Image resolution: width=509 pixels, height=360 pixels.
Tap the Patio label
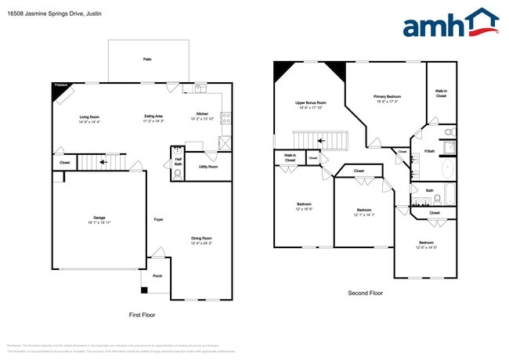pos(147,59)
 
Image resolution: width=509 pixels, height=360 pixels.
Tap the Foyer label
pos(159,219)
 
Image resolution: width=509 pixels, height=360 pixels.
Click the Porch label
pos(157,275)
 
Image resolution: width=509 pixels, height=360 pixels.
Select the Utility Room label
pos(208,167)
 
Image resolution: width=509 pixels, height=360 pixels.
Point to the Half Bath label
pos(178,162)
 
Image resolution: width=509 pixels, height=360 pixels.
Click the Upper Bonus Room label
pos(311,105)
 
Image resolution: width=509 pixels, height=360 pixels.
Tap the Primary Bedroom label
pos(387,99)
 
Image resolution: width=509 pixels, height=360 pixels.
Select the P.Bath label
pos(430,151)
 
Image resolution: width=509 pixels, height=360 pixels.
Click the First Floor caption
pos(143,314)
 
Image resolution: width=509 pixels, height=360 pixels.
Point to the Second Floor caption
pos(366,293)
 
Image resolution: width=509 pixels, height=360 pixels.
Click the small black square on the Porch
pos(144,290)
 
